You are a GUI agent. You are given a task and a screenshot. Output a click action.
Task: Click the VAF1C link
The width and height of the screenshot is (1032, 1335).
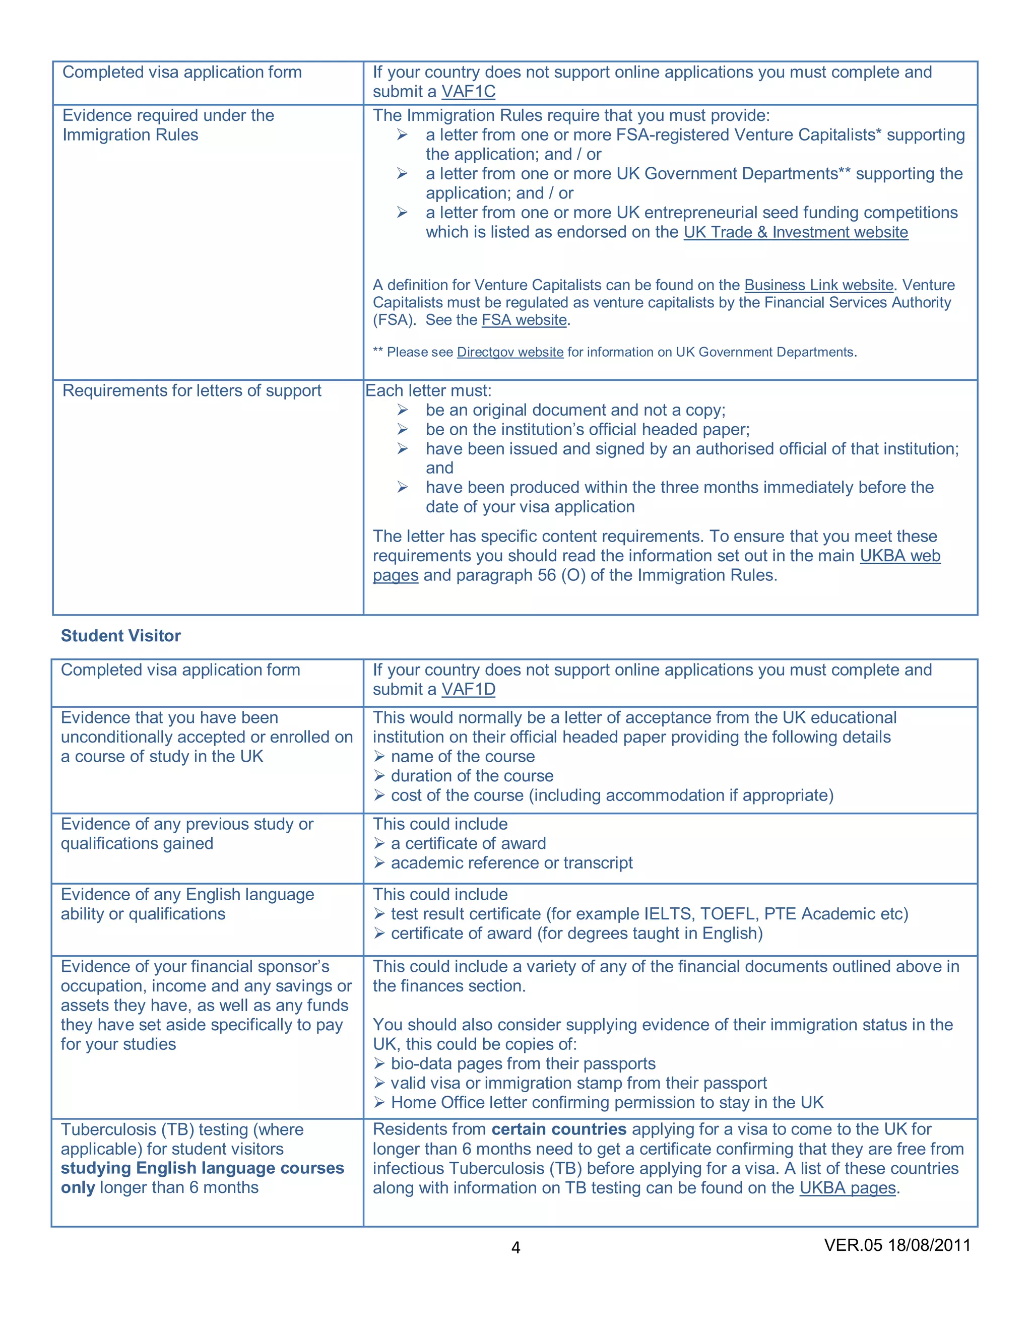[x=468, y=92]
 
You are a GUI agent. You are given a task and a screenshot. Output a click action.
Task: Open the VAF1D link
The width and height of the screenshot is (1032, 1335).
[x=468, y=690]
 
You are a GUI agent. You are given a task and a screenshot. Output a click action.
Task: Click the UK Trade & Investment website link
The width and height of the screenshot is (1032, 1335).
[x=795, y=232]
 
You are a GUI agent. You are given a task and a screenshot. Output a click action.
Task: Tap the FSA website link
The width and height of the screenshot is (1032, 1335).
[x=524, y=320]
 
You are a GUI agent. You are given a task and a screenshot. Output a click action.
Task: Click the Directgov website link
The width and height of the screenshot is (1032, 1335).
[x=510, y=352]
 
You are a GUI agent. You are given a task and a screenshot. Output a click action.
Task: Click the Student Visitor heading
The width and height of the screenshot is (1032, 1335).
[x=120, y=636]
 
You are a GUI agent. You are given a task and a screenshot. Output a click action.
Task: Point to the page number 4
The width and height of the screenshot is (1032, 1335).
[x=515, y=1247]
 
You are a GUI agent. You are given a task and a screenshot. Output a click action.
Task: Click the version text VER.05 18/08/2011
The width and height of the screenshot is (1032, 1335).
[x=897, y=1245]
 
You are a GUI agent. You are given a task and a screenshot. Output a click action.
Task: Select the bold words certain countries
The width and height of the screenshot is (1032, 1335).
[x=559, y=1129]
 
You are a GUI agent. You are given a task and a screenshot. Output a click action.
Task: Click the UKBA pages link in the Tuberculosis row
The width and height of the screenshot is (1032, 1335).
[x=848, y=1188]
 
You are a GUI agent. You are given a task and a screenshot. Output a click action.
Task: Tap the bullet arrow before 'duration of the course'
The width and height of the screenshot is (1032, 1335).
[x=379, y=776]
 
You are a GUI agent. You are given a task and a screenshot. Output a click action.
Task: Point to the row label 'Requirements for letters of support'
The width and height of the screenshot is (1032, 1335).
[x=191, y=390]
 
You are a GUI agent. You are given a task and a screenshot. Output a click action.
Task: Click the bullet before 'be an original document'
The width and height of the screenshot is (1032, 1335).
[x=402, y=410]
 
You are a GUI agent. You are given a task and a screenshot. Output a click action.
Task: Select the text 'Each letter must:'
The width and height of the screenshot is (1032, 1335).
[x=428, y=390]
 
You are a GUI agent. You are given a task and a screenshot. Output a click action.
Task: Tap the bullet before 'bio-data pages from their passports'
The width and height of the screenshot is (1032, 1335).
[x=379, y=1064]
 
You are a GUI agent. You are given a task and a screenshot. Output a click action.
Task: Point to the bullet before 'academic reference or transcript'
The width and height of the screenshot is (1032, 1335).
[x=379, y=863]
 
